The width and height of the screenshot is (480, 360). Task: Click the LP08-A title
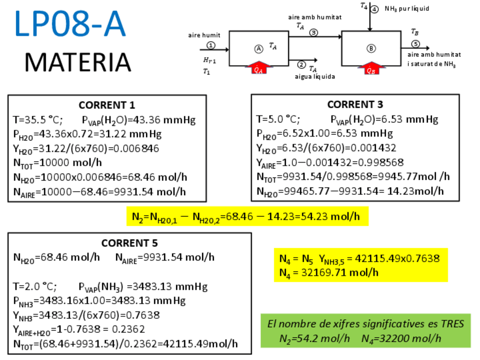[70, 25]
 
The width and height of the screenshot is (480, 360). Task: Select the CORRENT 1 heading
[107, 105]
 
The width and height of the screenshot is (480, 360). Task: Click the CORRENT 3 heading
[355, 104]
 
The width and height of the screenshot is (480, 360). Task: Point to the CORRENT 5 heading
[130, 243]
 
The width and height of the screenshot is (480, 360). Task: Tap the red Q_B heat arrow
[371, 69]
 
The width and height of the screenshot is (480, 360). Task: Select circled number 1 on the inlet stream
[211, 45]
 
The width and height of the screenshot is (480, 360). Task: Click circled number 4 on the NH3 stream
[375, 8]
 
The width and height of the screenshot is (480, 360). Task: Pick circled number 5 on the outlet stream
[415, 44]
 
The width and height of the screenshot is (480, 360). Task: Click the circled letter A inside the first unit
[259, 48]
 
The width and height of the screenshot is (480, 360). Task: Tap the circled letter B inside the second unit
[371, 48]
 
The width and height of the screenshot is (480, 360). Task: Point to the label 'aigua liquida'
[315, 76]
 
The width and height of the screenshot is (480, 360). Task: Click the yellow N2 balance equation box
[247, 217]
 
